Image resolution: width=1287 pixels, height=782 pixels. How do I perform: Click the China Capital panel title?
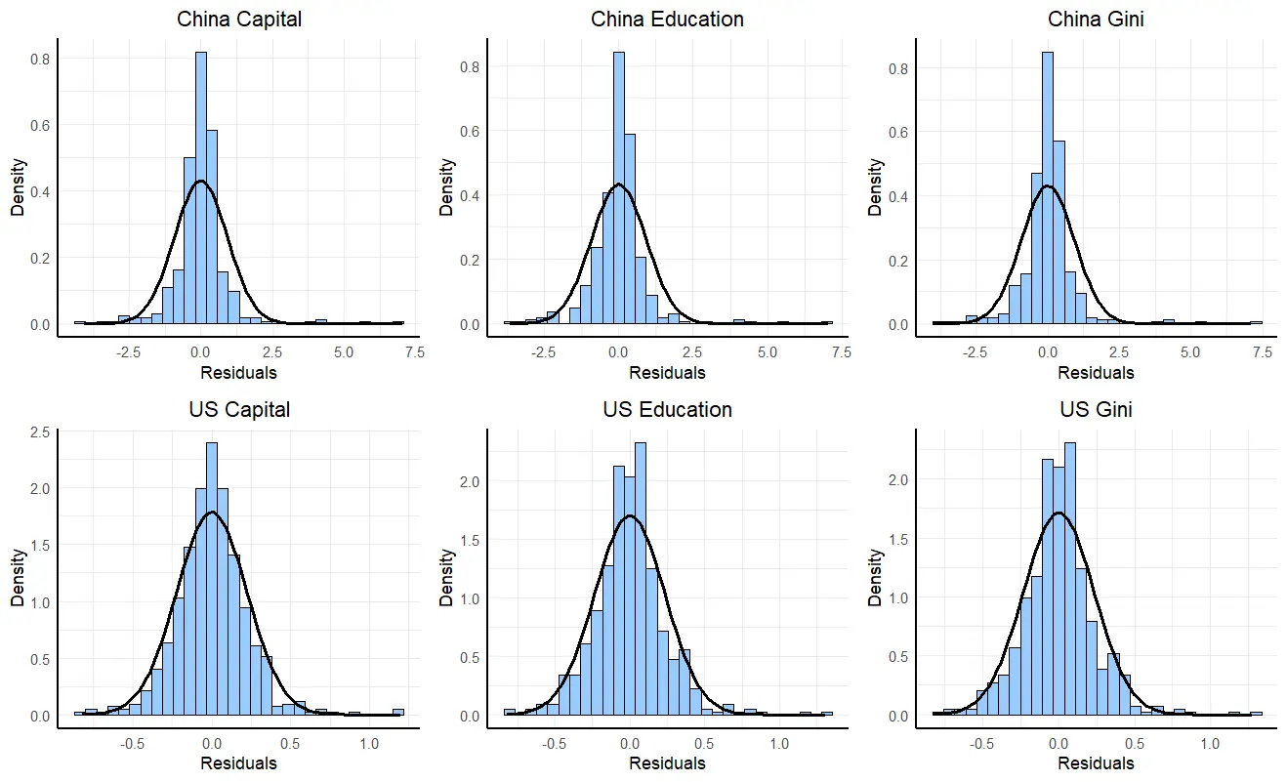click(238, 20)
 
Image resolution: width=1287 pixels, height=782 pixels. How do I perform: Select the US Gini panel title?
click(1096, 409)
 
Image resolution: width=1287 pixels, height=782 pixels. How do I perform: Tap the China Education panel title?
click(667, 20)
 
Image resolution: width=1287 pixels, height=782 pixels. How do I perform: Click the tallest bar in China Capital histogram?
click(200, 185)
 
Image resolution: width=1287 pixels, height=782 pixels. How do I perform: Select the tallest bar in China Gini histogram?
click(1048, 185)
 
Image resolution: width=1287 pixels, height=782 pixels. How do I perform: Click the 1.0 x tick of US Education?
click(779, 744)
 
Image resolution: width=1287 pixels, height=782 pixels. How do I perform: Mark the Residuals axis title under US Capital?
click(238, 763)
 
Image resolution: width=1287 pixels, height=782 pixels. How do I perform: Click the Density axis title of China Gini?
click(876, 187)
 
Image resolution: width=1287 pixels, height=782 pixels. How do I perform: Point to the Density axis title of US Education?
click(447, 577)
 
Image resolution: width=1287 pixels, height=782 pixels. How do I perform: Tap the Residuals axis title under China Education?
click(667, 372)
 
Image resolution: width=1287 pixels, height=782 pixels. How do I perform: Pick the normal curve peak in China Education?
click(618, 184)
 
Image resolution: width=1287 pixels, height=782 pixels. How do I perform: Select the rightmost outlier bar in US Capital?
click(397, 712)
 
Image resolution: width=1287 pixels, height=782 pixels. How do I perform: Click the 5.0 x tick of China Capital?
click(344, 352)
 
